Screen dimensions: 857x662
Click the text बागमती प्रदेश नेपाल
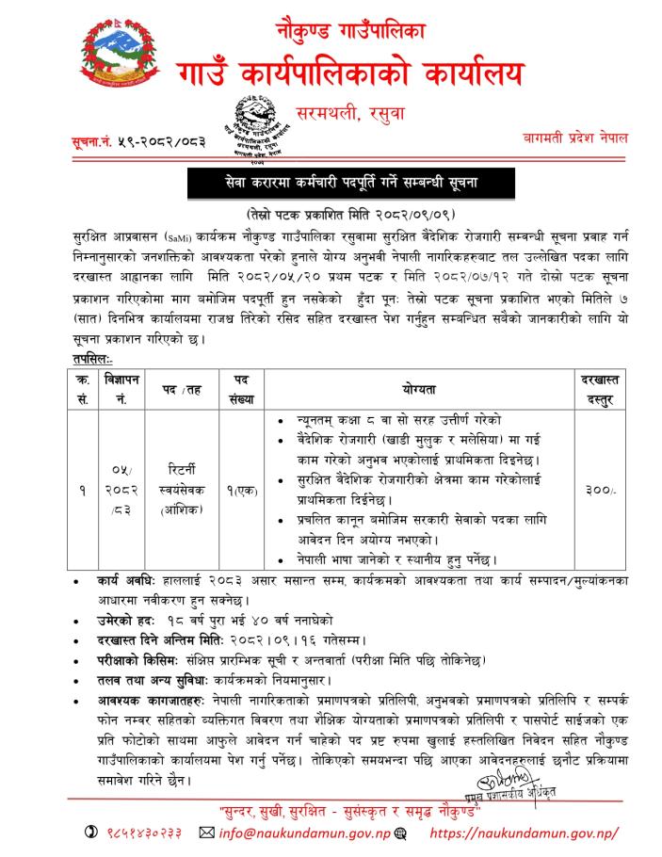pos(578,138)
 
